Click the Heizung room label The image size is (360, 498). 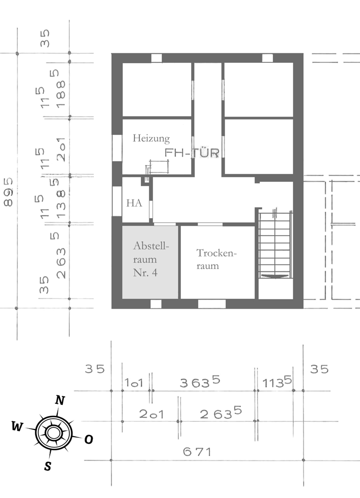pyautogui.click(x=151, y=138)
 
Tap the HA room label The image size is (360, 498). pyautogui.click(x=134, y=203)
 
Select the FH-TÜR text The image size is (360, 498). pyautogui.click(x=192, y=153)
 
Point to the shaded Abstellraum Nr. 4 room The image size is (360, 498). pyautogui.click(x=150, y=262)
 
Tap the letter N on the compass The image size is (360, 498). pyautogui.click(x=60, y=400)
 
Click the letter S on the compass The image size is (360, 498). pyautogui.click(x=48, y=466)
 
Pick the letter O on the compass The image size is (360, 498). pyautogui.click(x=88, y=439)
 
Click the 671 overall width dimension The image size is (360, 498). pyautogui.click(x=197, y=452)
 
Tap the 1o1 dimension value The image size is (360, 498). pyautogui.click(x=134, y=382)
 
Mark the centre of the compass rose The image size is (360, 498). pyautogui.click(x=52, y=432)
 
